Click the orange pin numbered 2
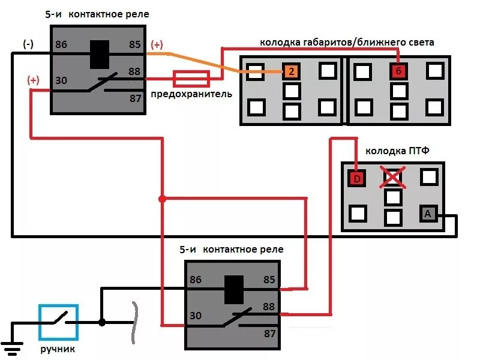[291, 72]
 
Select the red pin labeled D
[357, 178]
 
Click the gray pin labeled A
[427, 214]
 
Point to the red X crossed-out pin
[393, 178]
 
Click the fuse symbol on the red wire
[191, 79]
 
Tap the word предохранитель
[191, 94]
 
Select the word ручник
[59, 349]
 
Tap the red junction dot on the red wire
[161, 199]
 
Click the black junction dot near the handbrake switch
[102, 323]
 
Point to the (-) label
[28, 44]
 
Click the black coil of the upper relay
[99, 54]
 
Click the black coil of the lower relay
[234, 289]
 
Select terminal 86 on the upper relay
[61, 44]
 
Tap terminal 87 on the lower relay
[269, 333]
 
